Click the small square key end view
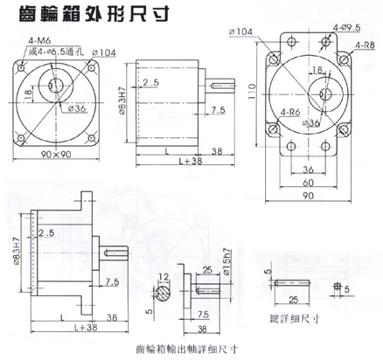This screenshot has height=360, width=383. pos(335,286)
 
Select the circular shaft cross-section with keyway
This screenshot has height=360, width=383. pos(165,294)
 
